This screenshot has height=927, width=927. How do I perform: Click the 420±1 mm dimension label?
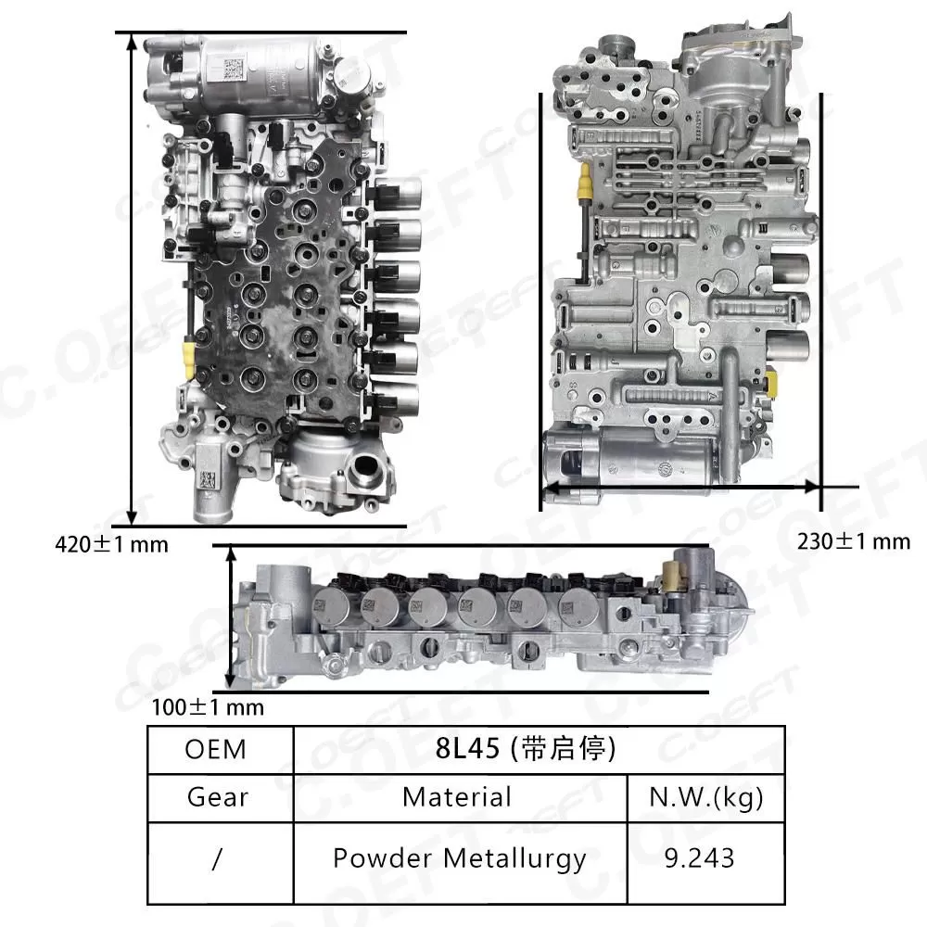[x=112, y=544]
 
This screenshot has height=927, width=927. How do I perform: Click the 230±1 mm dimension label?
[x=854, y=541]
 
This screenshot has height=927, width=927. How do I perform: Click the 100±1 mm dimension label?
[x=208, y=708]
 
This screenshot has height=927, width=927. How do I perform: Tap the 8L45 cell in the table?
[x=539, y=749]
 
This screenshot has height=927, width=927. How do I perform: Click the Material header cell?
[x=457, y=796]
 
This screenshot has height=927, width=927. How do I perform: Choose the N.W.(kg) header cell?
[x=706, y=796]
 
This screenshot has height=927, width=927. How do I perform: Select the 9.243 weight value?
[x=705, y=858]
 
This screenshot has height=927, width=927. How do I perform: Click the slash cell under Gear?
[x=218, y=858]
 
